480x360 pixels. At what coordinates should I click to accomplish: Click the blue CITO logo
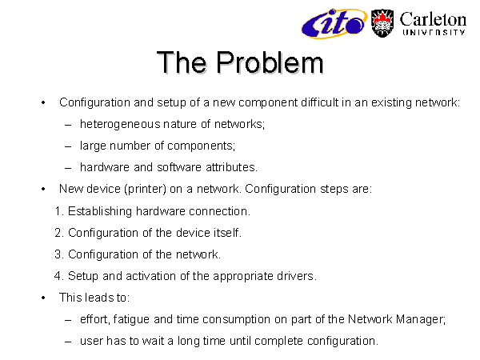334,23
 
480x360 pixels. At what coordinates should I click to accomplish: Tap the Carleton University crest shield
382,23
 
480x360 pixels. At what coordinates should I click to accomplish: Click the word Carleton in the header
433,19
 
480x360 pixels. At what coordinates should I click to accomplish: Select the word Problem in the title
270,62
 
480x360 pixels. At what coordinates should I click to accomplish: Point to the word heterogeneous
120,124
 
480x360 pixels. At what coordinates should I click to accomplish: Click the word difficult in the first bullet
319,102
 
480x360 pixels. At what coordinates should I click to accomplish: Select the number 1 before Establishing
58,211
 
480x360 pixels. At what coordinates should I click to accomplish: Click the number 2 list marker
58,233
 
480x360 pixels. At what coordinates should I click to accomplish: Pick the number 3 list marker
58,254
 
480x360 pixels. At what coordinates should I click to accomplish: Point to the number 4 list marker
58,276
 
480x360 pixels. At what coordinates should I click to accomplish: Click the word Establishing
100,211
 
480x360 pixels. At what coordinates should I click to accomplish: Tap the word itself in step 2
227,233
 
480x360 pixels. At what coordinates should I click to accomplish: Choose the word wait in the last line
154,341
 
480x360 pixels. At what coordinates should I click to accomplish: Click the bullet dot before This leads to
43,298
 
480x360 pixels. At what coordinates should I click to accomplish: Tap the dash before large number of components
68,146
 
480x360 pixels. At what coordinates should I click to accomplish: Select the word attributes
231,167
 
